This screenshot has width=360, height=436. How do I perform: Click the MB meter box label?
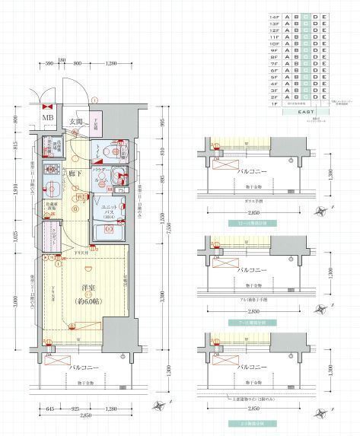pos(47,118)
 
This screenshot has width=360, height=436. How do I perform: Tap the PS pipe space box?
pos(121,190)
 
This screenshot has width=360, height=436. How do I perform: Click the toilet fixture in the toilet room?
pos(104,151)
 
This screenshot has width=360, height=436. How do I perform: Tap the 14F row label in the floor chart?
pos(274,16)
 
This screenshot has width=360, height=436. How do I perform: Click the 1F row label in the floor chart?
pos(274,103)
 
